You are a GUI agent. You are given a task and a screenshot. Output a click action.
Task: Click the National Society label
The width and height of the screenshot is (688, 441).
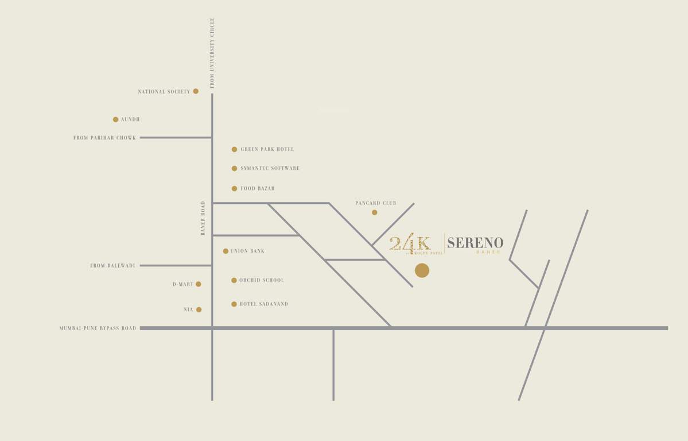point(164,92)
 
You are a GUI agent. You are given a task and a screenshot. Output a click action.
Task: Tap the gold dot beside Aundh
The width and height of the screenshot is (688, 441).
point(115,119)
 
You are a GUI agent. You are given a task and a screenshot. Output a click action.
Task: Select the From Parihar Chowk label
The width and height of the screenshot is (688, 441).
point(104,138)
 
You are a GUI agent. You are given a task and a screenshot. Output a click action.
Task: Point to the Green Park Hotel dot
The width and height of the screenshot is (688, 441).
point(234,149)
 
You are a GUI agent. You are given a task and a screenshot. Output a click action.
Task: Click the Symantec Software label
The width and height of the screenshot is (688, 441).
point(270,168)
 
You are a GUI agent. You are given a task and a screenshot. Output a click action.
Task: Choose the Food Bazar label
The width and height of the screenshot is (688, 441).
point(258,188)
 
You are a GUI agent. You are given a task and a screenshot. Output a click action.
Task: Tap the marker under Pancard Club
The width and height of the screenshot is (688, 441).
point(374,212)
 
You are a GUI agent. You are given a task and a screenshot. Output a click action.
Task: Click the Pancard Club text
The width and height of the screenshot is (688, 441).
point(375,203)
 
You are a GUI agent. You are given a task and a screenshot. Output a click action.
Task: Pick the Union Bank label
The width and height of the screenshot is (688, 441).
point(247,251)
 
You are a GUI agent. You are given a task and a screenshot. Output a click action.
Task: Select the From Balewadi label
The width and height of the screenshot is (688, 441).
point(112,266)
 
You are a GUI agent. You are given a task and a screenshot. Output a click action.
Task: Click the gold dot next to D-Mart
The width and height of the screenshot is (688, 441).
point(199,284)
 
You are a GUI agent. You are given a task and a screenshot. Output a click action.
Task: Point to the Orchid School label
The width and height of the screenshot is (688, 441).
point(262,280)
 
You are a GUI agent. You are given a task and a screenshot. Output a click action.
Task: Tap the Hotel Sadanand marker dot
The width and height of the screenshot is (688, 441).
point(234,304)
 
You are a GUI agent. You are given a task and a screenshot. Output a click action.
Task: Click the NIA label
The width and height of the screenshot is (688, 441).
point(188,310)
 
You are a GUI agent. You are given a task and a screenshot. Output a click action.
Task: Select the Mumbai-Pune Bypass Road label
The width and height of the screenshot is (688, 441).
point(98,328)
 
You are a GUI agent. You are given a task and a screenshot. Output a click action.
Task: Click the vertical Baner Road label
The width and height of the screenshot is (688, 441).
point(203,218)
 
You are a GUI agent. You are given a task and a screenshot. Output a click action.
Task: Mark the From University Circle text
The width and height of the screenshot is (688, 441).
point(212,53)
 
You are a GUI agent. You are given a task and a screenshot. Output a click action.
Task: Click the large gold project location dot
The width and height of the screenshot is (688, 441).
point(422,270)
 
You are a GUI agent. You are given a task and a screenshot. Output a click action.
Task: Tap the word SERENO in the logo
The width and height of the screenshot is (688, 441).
point(475,243)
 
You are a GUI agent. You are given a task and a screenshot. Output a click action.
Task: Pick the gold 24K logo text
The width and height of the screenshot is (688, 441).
point(410,243)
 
